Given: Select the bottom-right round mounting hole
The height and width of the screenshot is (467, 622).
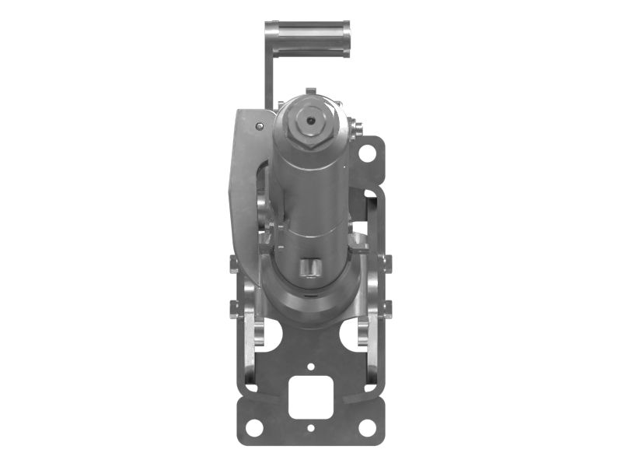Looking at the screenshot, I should (x=366, y=427).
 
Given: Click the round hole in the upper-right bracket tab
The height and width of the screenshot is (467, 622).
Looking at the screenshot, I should (x=366, y=153).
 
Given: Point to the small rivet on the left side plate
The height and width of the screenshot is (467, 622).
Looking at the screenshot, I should (x=260, y=125).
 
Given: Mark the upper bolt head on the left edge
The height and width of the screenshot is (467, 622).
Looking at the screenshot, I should (x=234, y=263).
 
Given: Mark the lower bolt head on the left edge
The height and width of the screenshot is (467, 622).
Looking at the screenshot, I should (x=234, y=309).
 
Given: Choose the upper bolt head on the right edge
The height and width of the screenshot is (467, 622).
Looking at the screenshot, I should (x=386, y=263).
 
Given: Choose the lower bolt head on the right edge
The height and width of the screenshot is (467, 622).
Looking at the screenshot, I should (x=386, y=309).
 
